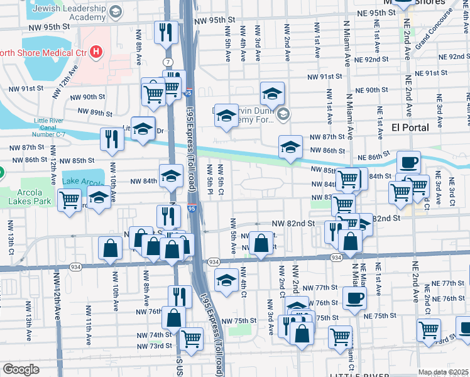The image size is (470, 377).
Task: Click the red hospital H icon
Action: click(96, 52)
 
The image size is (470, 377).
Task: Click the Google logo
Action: click(21, 369)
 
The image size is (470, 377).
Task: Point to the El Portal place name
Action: click(410, 128)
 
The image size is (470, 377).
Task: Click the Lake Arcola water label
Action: click(82, 183)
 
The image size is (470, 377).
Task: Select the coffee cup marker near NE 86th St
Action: click(408, 162)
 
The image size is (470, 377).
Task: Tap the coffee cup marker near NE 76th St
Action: click(354, 297)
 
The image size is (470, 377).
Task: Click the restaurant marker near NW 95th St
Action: click(165, 31)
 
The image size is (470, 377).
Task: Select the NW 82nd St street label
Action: click(292, 224)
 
